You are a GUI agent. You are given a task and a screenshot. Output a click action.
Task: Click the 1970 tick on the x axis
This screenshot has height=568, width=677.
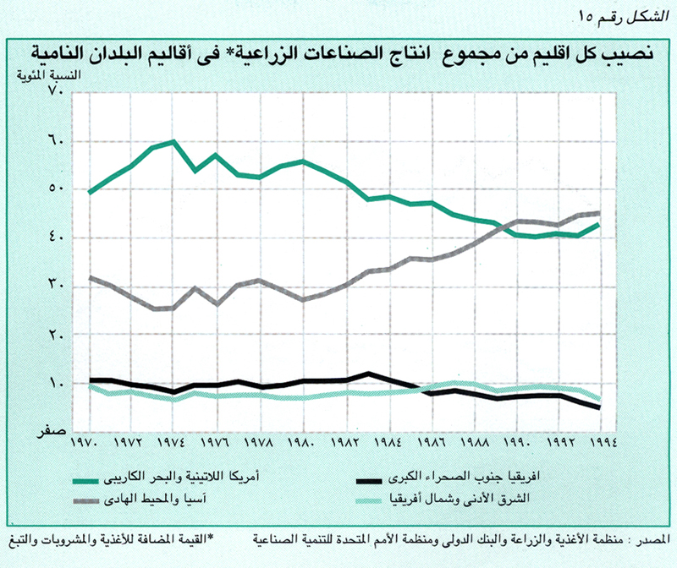(89, 442)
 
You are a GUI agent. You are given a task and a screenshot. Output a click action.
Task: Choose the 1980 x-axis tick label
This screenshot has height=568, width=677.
(302, 442)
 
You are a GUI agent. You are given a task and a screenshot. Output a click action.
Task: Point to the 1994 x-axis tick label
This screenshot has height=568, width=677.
(602, 442)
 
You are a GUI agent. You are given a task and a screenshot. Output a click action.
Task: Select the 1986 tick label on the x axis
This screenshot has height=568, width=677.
(431, 442)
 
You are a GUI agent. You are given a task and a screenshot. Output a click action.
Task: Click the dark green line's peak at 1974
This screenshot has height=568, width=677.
(173, 141)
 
